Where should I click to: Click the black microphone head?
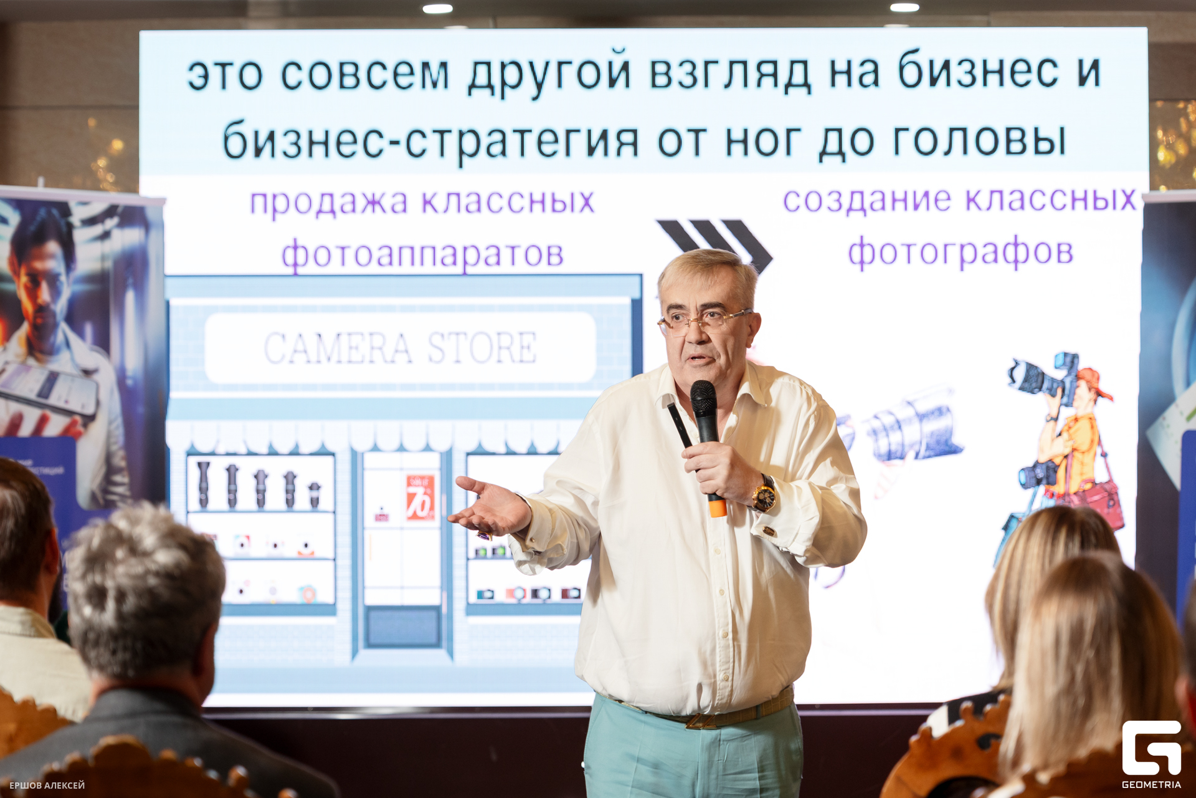click(703, 395)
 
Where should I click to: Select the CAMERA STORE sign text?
click(400, 347)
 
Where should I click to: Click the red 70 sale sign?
click(420, 498)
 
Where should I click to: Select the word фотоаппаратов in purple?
click(422, 254)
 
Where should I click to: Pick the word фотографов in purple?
click(960, 252)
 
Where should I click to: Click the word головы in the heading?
click(979, 140)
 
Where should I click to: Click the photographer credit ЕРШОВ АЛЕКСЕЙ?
click(47, 786)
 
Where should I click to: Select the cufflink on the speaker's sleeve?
click(769, 532)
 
